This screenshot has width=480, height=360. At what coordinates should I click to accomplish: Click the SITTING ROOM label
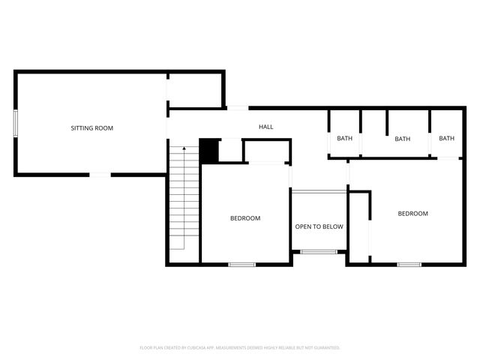[x=91, y=128]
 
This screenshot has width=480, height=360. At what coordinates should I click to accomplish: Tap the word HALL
[x=266, y=127]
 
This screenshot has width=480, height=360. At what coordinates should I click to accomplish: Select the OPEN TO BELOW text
[x=319, y=226]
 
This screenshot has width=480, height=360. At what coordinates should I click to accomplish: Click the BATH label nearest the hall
[x=344, y=138]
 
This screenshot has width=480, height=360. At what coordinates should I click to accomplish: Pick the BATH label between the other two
[x=403, y=138]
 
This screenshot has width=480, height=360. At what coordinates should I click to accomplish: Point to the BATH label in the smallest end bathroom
[x=447, y=138]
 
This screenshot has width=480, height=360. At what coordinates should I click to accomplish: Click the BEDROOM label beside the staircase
[x=245, y=218]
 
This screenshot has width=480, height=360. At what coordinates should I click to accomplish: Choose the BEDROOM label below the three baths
[x=412, y=214]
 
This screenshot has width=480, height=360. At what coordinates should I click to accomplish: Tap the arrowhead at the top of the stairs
[x=184, y=150]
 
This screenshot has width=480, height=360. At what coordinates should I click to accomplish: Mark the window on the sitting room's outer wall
[x=15, y=123]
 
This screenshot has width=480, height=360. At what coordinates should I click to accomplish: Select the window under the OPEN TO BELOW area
[x=318, y=252]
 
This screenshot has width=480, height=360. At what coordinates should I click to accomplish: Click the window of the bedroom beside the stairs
[x=241, y=264]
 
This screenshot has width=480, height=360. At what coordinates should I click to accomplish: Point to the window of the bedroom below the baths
[x=409, y=264]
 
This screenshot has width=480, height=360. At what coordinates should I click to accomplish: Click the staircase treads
[x=178, y=199]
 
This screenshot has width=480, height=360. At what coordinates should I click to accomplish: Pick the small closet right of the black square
[x=231, y=151]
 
